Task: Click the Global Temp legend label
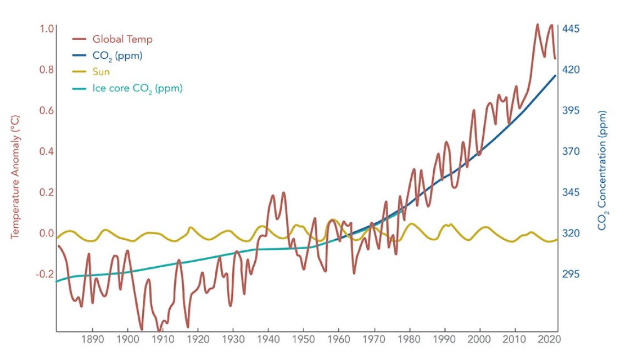(x=122, y=40)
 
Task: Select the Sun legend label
(x=102, y=72)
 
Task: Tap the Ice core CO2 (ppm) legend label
(x=137, y=88)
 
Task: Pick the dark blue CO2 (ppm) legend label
(x=118, y=56)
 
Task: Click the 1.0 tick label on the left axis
(x=47, y=29)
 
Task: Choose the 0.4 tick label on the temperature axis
(x=47, y=151)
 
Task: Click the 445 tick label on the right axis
(x=571, y=29)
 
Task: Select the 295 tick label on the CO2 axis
(x=571, y=274)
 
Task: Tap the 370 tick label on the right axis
(x=571, y=151)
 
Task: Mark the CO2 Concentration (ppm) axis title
(x=603, y=171)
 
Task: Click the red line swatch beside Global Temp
(x=80, y=40)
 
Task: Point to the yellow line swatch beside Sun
(x=80, y=72)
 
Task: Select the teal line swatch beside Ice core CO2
(x=80, y=88)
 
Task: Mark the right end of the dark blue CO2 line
(x=556, y=75)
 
